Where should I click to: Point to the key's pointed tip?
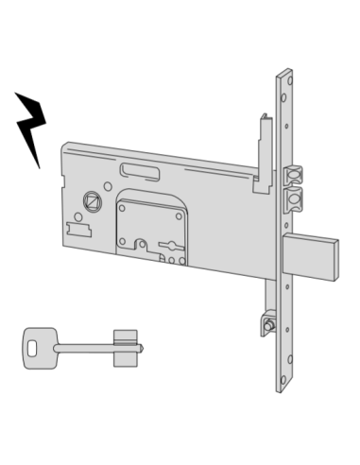[x=143, y=348]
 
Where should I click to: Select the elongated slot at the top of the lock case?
[x=140, y=169]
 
